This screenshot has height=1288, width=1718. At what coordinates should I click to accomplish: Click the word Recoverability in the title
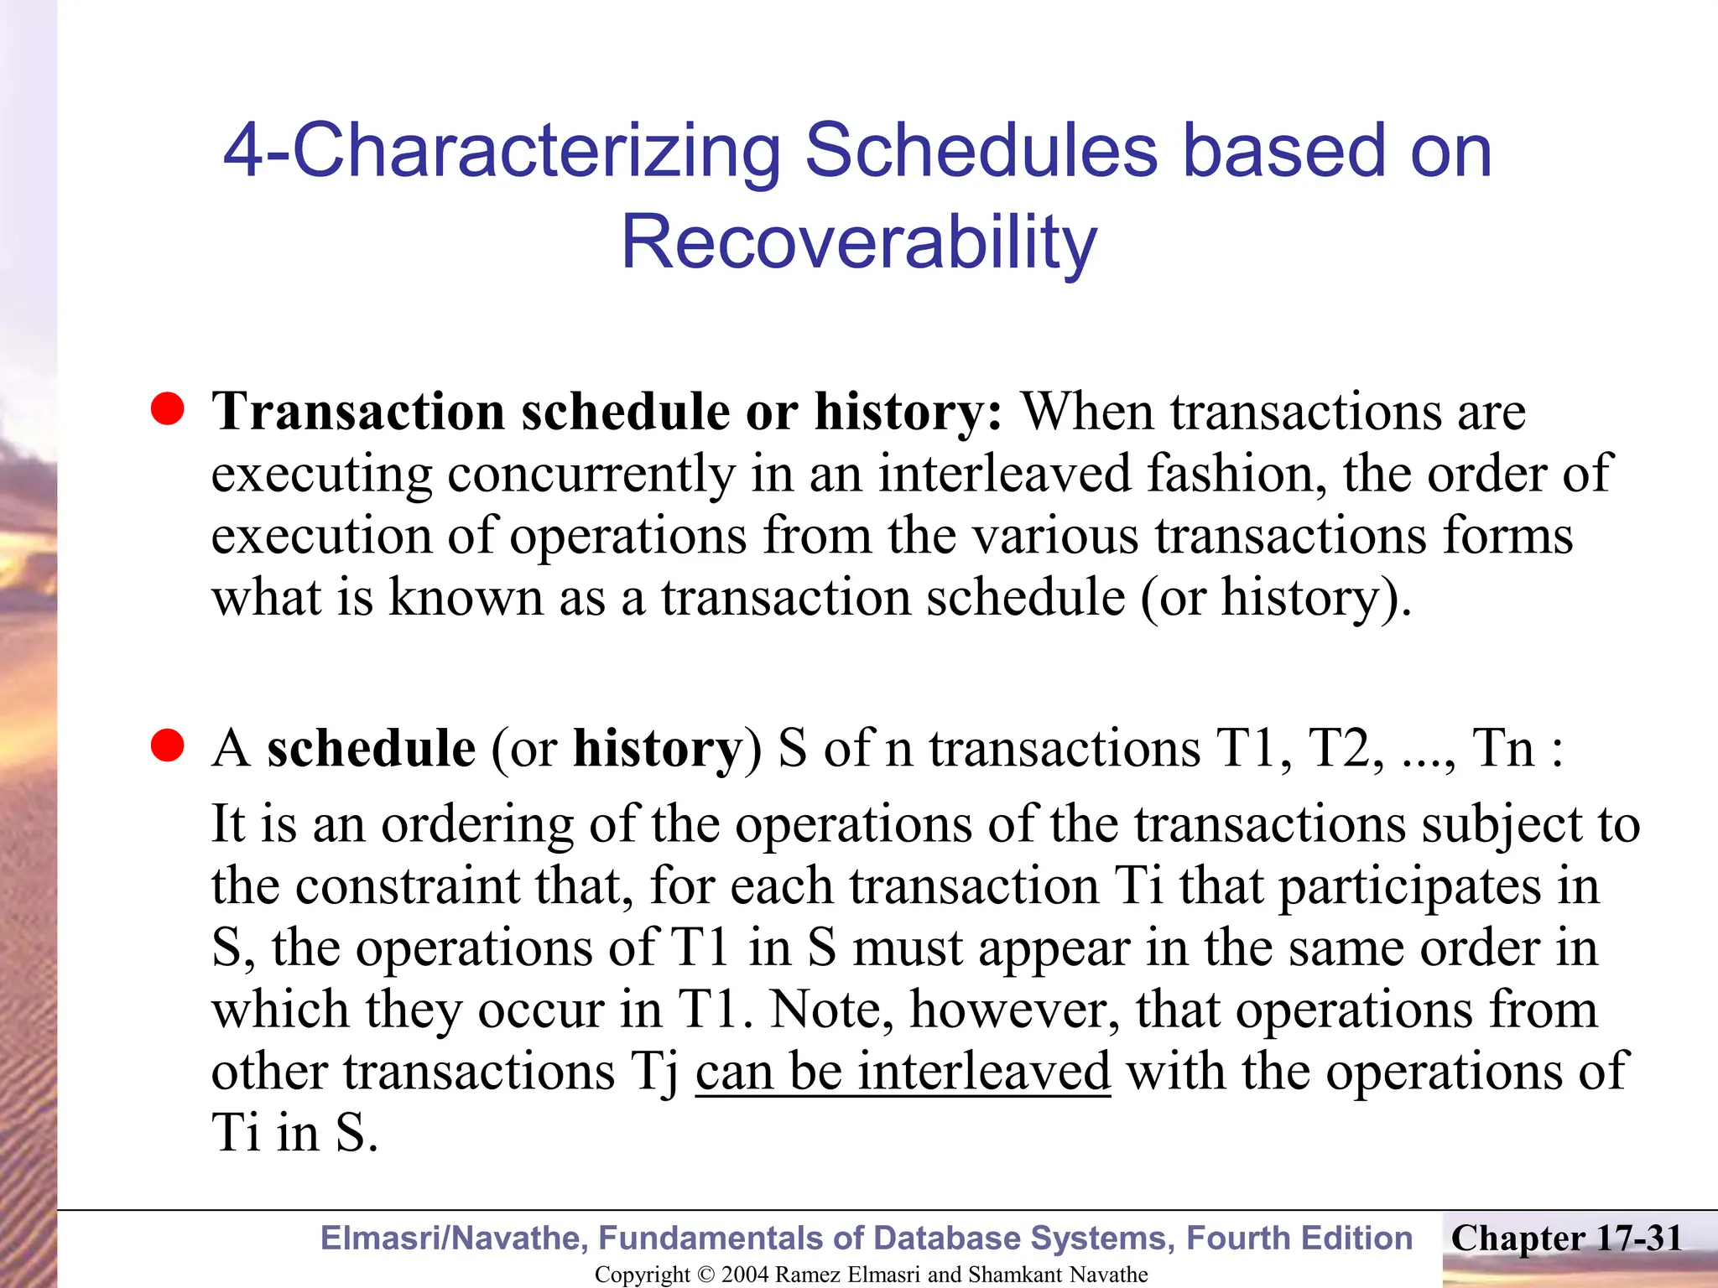[858, 241]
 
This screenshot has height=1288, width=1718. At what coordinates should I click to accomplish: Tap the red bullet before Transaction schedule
[168, 410]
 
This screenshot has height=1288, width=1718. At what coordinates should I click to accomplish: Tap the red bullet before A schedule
[168, 745]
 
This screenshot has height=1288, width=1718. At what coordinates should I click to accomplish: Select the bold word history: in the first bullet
[908, 413]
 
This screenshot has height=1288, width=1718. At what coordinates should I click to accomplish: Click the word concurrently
[591, 475]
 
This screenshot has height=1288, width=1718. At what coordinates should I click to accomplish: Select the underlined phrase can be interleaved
[903, 1072]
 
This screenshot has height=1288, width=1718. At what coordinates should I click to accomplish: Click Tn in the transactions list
[1503, 747]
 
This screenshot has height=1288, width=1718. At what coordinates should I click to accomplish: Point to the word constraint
[407, 885]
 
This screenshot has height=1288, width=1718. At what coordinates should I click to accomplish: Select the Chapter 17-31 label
[1566, 1239]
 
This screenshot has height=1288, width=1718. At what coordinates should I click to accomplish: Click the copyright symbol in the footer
[705, 1275]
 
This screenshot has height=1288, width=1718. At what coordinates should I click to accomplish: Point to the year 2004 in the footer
[744, 1275]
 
